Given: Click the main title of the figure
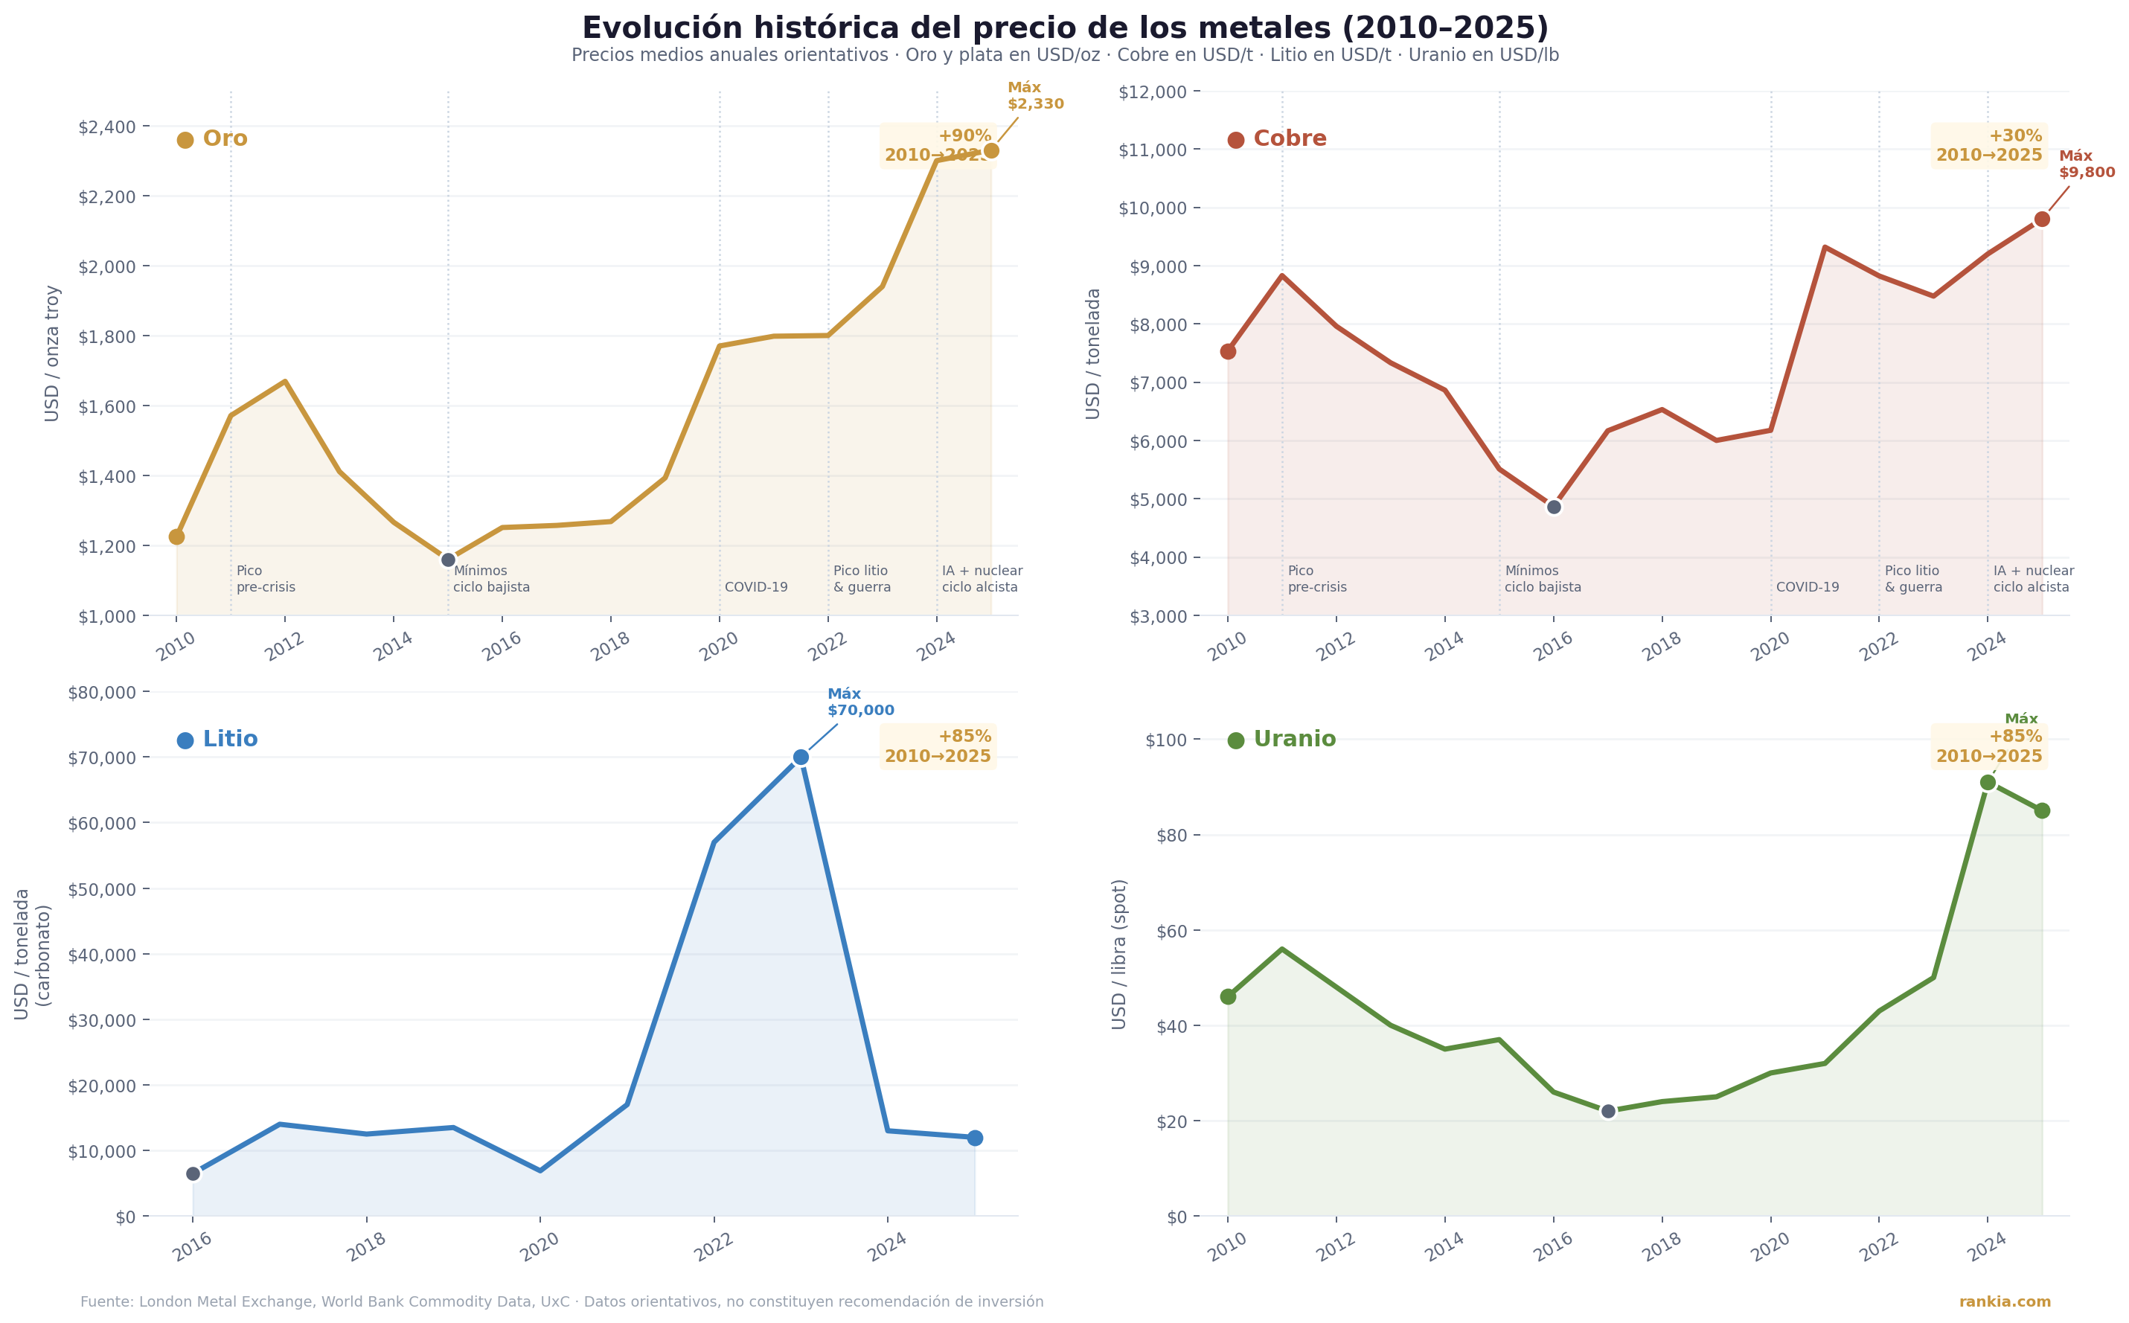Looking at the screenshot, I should pyautogui.click(x=1064, y=28).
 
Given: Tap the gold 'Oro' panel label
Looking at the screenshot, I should pyautogui.click(x=225, y=139).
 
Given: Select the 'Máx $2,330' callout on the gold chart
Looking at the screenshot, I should pyautogui.click(x=1035, y=96).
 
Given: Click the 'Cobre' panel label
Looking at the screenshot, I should pyautogui.click(x=1289, y=139).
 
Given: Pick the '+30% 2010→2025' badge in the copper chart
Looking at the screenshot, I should pyautogui.click(x=1988, y=146).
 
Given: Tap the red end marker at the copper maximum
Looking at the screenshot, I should pyautogui.click(x=2041, y=219).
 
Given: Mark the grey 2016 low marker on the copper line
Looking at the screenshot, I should pyautogui.click(x=1554, y=507).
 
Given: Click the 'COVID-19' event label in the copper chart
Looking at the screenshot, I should pyautogui.click(x=1807, y=587).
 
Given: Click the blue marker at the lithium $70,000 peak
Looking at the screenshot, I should pyautogui.click(x=801, y=757).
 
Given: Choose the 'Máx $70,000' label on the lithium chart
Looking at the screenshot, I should pyautogui.click(x=860, y=702).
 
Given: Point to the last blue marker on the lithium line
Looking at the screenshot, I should pyautogui.click(x=975, y=1138).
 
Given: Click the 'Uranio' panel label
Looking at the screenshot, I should pyautogui.click(x=1294, y=740).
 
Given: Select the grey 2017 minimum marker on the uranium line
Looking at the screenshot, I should pyautogui.click(x=1608, y=1111).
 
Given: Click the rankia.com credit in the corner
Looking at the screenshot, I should pyautogui.click(x=2004, y=1302).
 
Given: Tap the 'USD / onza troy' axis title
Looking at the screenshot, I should pyautogui.click(x=53, y=353).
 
